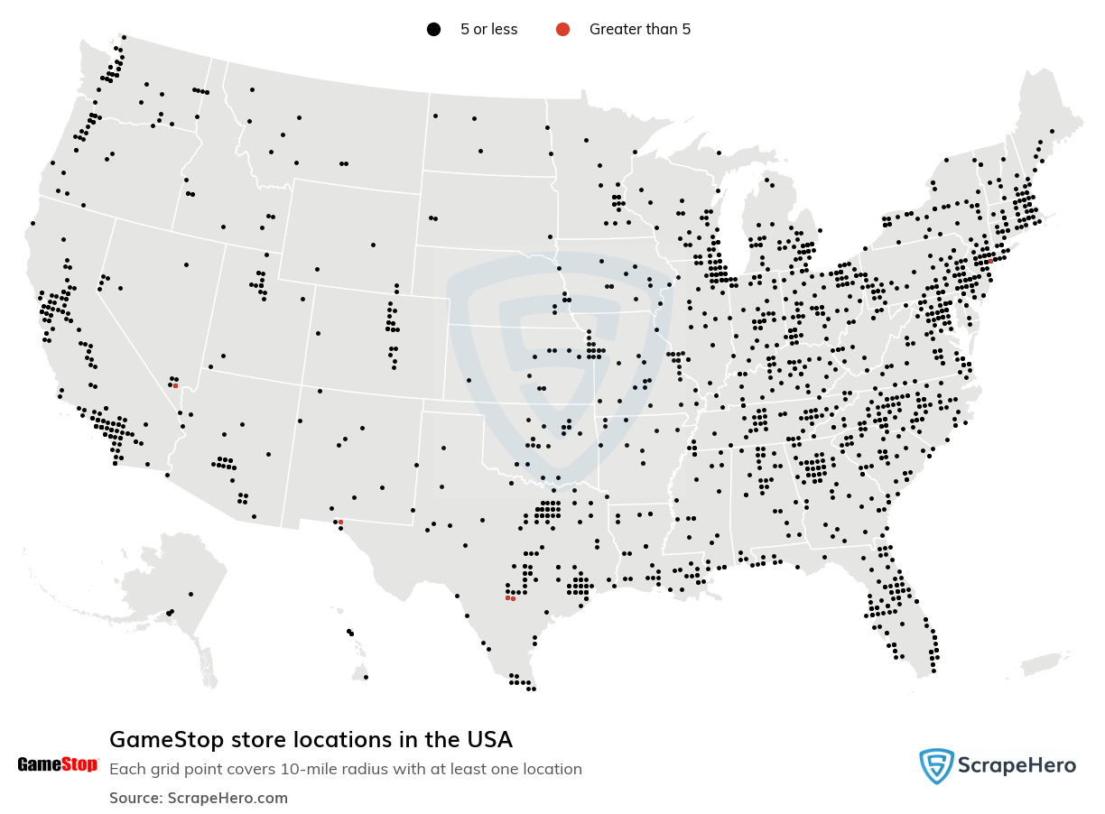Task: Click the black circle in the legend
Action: pos(433,30)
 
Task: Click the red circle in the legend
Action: pos(562,30)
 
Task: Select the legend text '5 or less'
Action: pos(488,30)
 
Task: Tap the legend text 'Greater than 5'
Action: pos(639,30)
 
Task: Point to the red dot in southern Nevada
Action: pos(175,385)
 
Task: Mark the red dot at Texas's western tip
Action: pos(340,522)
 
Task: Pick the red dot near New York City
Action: pos(990,261)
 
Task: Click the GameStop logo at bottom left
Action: pos(57,765)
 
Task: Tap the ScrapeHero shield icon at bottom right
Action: pos(936,766)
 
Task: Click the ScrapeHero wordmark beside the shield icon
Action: pos(1018,766)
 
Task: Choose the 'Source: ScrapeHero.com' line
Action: pos(199,798)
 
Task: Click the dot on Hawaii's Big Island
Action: pos(366,677)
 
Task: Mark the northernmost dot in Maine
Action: pos(1052,132)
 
